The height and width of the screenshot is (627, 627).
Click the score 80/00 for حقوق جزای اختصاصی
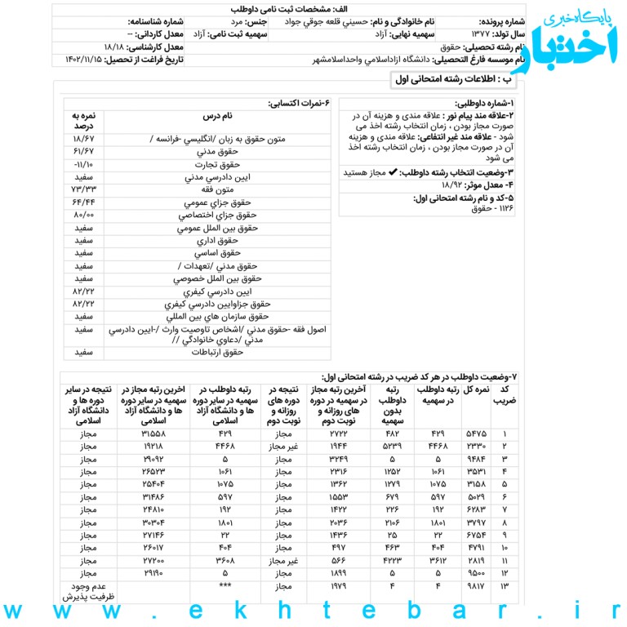click(83, 215)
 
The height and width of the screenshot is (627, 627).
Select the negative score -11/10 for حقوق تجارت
click(83, 164)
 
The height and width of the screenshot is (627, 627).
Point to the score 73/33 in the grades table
click(83, 189)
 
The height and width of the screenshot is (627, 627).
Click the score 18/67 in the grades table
click(83, 139)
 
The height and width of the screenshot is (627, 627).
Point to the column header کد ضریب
click(509, 394)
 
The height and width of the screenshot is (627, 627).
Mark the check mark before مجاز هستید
click(393, 173)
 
